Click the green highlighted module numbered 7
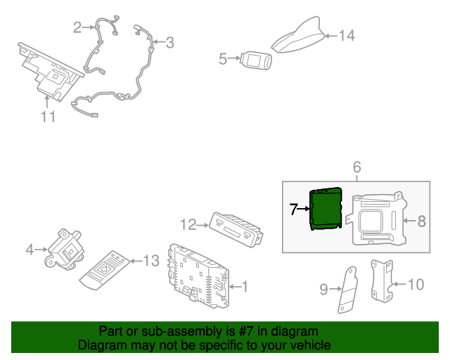click(326, 208)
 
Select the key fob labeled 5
click(256, 60)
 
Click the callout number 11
click(48, 117)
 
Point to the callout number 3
click(170, 42)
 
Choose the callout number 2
click(77, 27)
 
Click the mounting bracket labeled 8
click(377, 219)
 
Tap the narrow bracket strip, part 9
click(348, 290)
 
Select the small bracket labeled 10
click(382, 281)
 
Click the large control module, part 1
click(198, 276)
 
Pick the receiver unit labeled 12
click(236, 229)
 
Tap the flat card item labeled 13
click(105, 270)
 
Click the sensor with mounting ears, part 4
click(65, 249)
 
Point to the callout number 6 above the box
click(356, 167)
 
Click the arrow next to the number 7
click(303, 209)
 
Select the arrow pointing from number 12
click(203, 226)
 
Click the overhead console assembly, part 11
click(51, 72)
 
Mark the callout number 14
click(347, 36)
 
